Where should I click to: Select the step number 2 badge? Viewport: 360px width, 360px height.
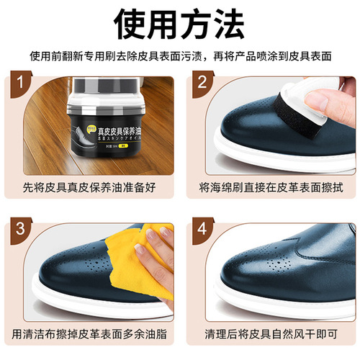pos(204,84)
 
